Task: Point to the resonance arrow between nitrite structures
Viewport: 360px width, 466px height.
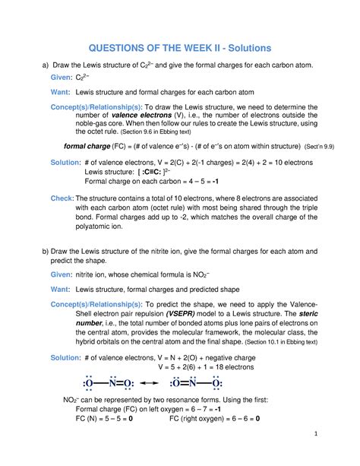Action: (x=150, y=382)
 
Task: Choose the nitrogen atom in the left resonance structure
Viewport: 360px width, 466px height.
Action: (x=112, y=382)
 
